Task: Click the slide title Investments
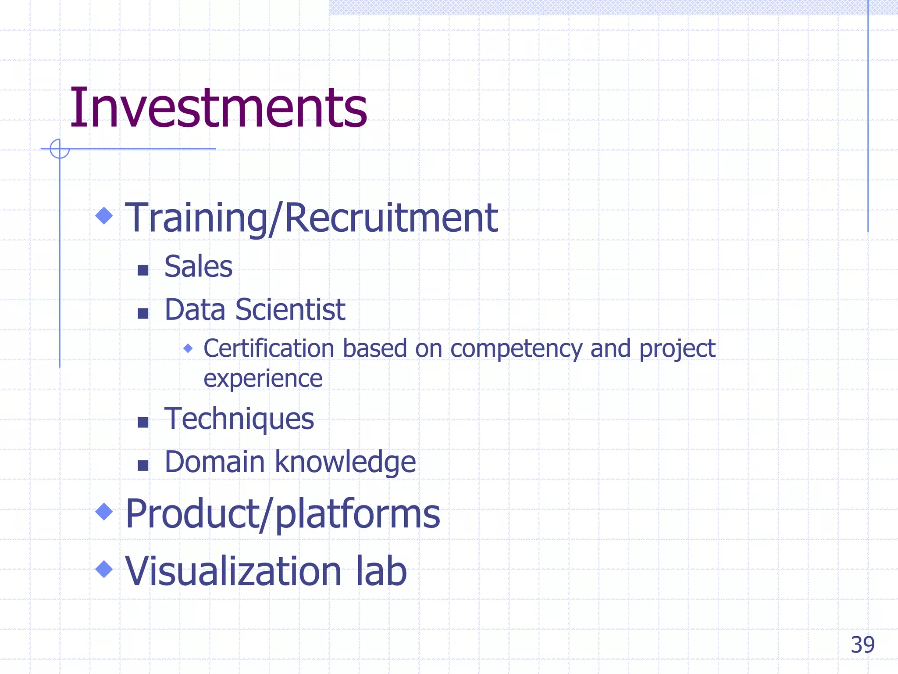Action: point(218,108)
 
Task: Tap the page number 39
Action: point(862,645)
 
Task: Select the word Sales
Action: point(198,267)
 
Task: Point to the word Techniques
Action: point(239,419)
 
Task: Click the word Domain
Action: point(214,462)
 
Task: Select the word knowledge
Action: point(345,463)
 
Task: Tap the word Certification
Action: point(269,349)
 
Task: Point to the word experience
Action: point(263,379)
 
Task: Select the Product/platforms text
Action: point(282,514)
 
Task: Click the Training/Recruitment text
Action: point(311,218)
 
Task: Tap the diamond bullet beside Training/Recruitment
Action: point(104,215)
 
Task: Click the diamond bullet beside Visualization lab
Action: point(104,569)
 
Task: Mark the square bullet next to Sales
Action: point(143,270)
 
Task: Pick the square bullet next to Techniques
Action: point(143,422)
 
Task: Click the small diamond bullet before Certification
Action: point(188,348)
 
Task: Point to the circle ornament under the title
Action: point(60,149)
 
